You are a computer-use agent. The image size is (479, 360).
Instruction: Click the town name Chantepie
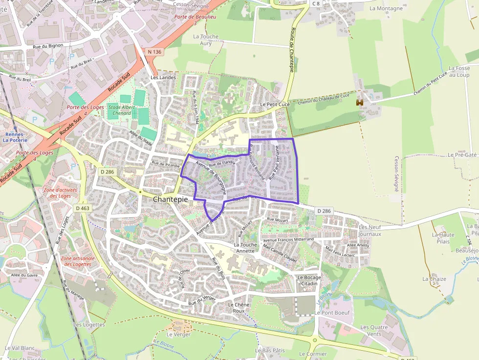click(x=171, y=199)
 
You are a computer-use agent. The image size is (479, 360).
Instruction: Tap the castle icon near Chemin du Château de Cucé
click(x=360, y=103)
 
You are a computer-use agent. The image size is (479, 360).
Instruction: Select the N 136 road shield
click(x=154, y=51)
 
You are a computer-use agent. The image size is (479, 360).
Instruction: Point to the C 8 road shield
click(x=316, y=3)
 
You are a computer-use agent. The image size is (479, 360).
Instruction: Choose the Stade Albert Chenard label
click(x=122, y=110)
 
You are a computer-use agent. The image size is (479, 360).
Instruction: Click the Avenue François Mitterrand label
click(x=288, y=240)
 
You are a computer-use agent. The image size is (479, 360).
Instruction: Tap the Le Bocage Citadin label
click(x=308, y=280)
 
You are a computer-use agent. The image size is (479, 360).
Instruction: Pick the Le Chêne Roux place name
click(x=239, y=308)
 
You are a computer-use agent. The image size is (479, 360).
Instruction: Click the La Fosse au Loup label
click(x=458, y=72)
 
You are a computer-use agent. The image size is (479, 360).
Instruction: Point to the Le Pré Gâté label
click(x=461, y=155)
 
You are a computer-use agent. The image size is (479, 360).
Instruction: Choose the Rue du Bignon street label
click(x=48, y=46)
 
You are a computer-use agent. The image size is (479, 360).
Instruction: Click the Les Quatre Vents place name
click(x=374, y=331)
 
